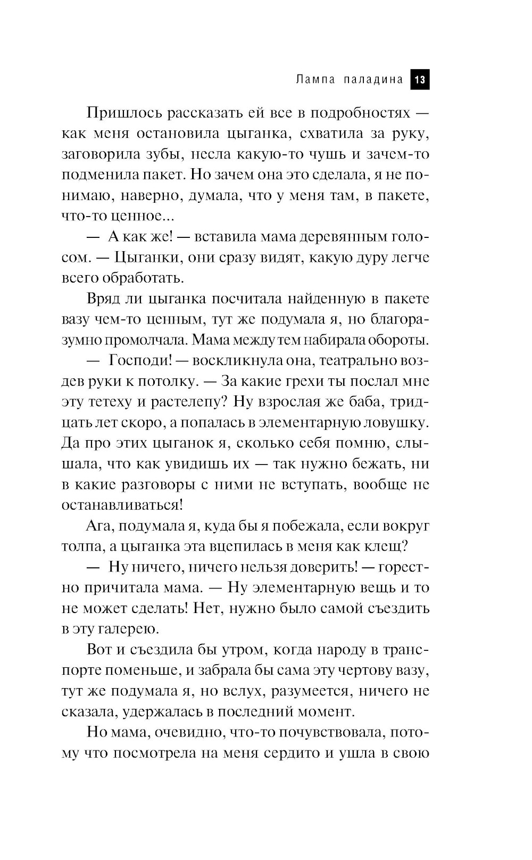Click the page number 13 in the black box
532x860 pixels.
click(x=419, y=80)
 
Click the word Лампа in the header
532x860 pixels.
click(x=315, y=80)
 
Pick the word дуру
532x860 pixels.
click(x=354, y=258)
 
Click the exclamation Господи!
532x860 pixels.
click(x=139, y=360)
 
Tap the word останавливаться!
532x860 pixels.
click(x=122, y=505)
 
